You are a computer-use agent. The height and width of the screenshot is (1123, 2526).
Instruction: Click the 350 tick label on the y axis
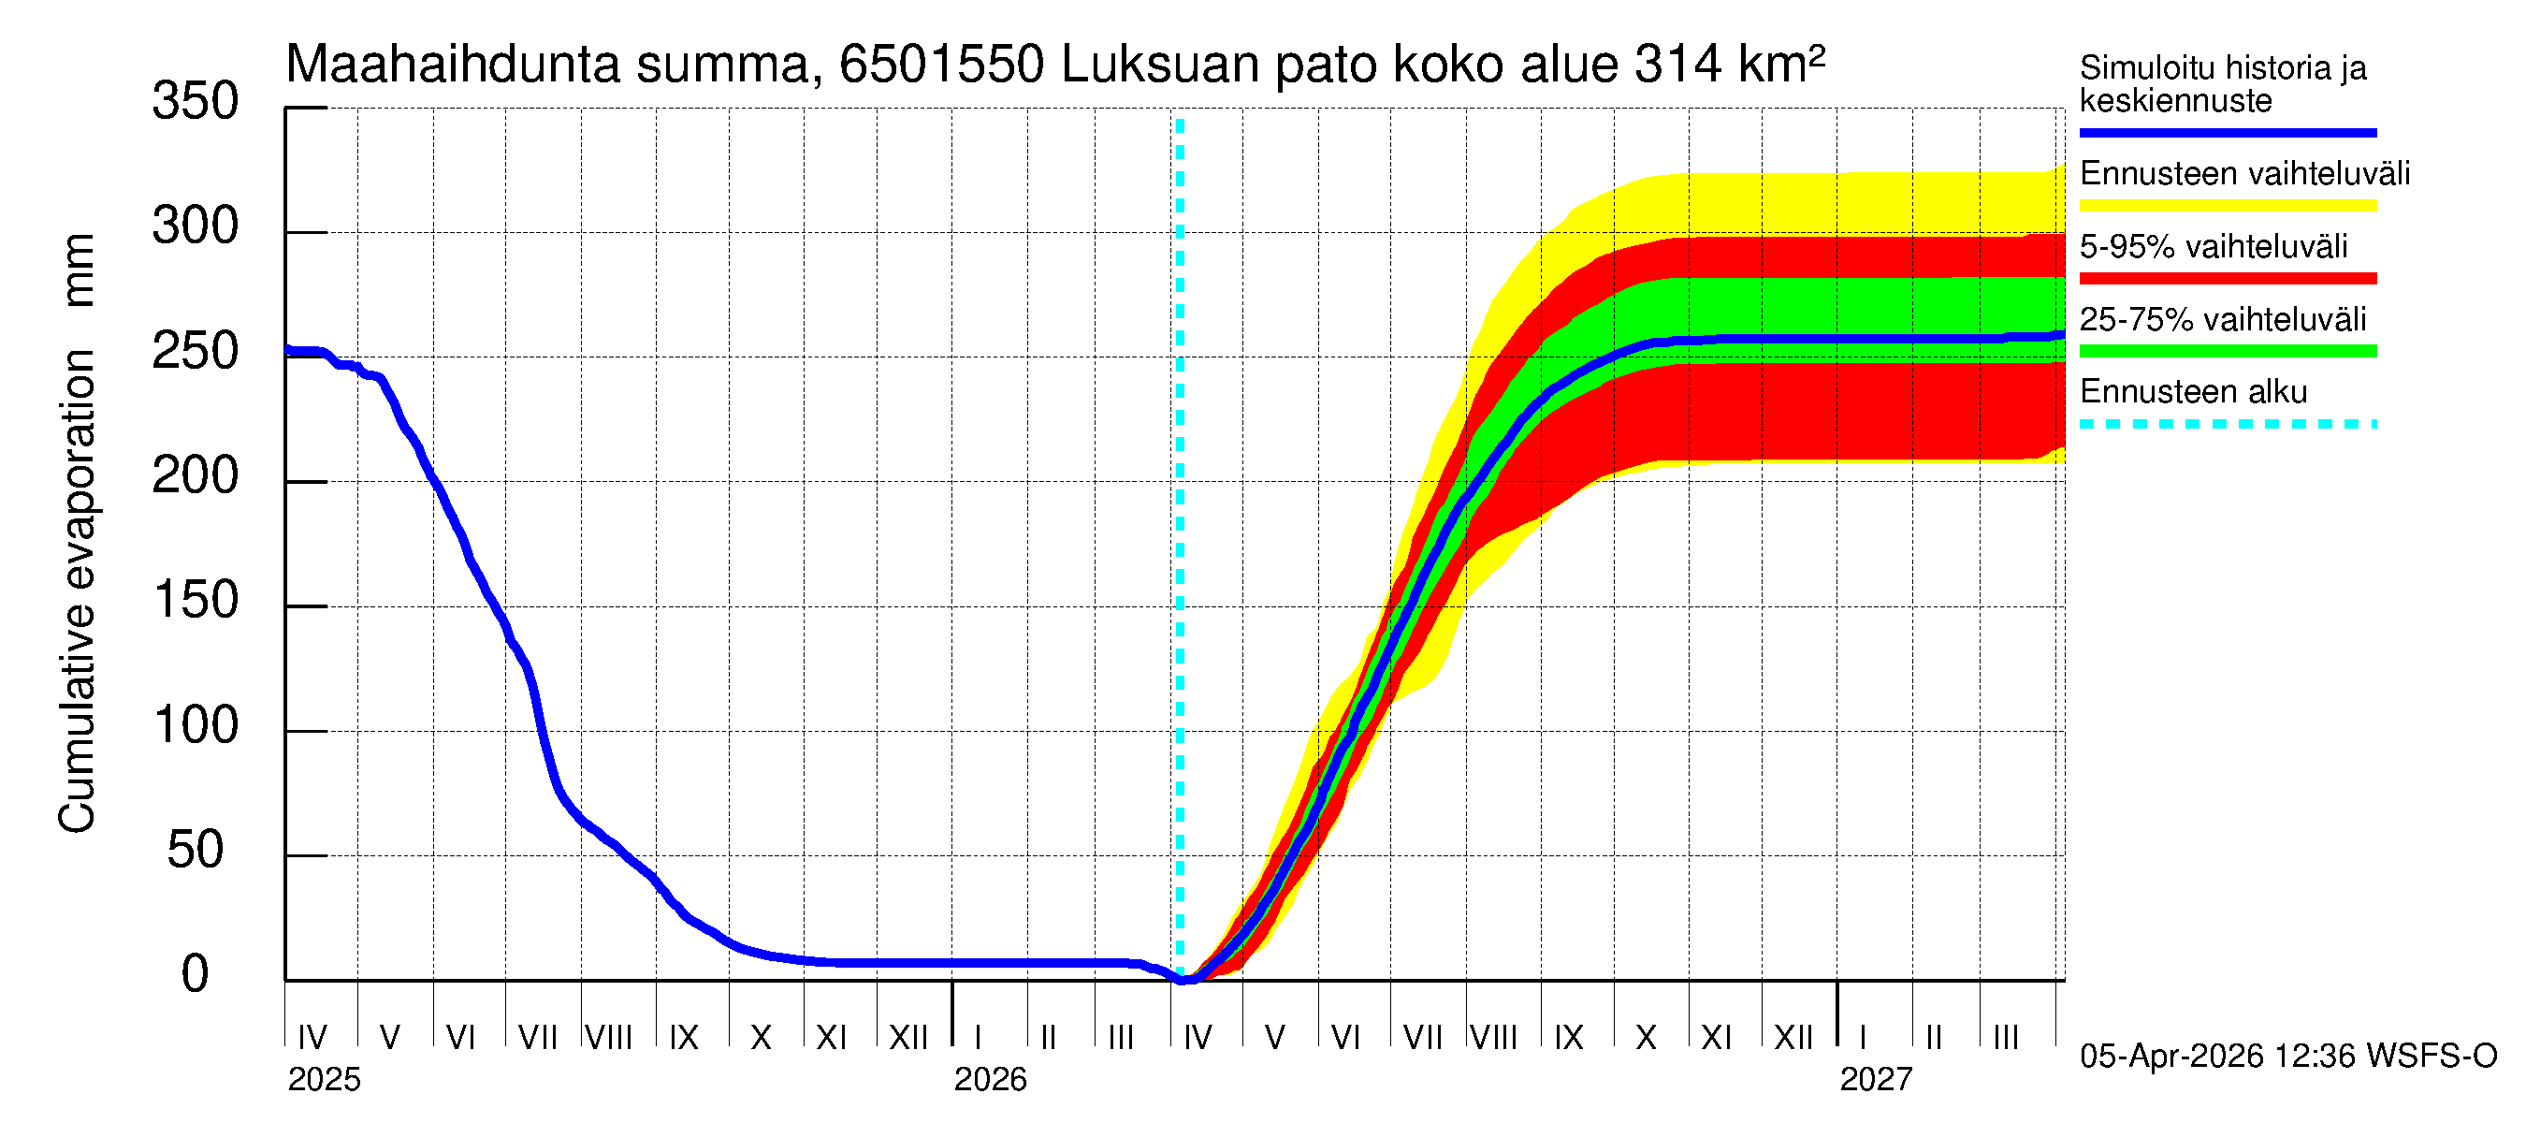coord(195,102)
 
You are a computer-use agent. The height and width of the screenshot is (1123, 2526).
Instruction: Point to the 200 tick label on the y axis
coord(195,476)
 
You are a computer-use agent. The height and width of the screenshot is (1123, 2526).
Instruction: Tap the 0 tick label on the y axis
coord(195,975)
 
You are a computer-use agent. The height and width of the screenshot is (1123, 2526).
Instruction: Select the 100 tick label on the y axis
coord(195,726)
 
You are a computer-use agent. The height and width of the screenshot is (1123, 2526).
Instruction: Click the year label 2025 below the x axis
coord(324,1080)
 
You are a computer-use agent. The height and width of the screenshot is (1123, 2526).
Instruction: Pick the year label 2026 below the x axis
coord(990,1080)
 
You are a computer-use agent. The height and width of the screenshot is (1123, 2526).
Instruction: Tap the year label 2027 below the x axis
coord(1875,1080)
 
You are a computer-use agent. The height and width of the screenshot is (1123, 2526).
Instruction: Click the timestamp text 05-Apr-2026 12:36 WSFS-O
coord(2287,1057)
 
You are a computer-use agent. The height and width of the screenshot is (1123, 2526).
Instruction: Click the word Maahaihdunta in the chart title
coord(452,65)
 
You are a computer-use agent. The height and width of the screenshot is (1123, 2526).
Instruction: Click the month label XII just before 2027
coord(1793,1038)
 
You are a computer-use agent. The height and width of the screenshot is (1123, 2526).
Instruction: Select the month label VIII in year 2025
coord(608,1038)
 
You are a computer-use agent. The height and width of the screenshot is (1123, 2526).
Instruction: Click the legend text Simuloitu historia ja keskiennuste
coord(2222,84)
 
